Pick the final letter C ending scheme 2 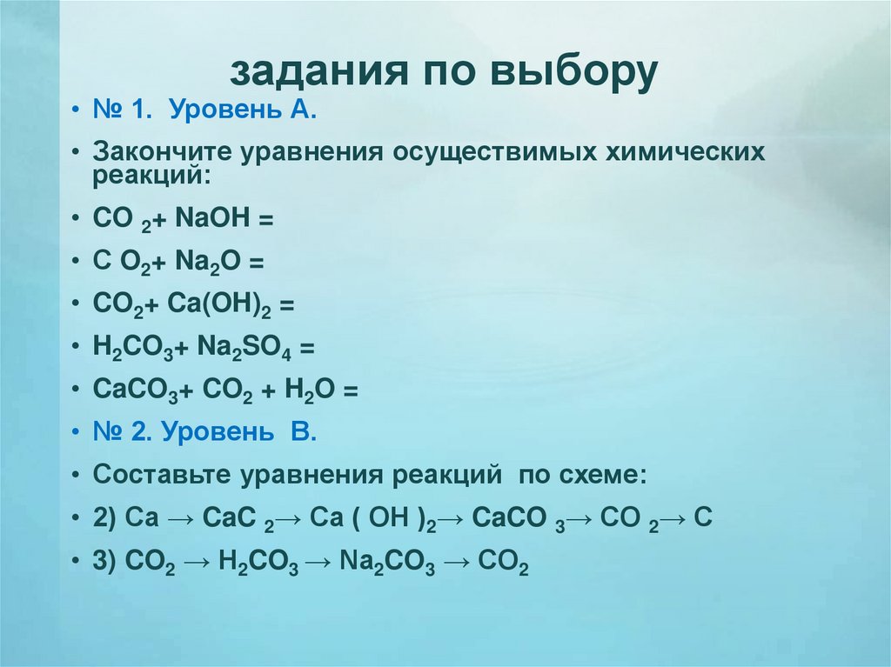(x=705, y=518)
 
